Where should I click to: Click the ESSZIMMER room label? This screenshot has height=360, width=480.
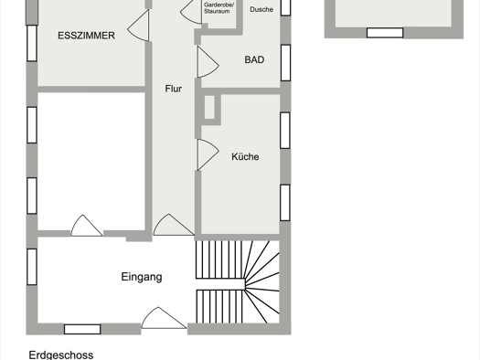pyautogui.click(x=86, y=36)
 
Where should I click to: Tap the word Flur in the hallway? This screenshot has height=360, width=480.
pyautogui.click(x=174, y=89)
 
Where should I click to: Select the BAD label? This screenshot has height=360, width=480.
pyautogui.click(x=254, y=59)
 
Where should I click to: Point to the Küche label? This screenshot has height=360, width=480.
pyautogui.click(x=245, y=156)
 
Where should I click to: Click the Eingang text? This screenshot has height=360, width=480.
pyautogui.click(x=142, y=277)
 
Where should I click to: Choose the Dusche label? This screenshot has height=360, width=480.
pyautogui.click(x=261, y=9)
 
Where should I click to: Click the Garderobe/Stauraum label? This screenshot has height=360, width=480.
pyautogui.click(x=219, y=8)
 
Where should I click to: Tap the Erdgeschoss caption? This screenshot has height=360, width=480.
pyautogui.click(x=61, y=355)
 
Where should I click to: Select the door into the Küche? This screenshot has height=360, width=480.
pyautogui.click(x=208, y=154)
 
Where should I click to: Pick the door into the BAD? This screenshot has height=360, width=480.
pyautogui.click(x=208, y=61)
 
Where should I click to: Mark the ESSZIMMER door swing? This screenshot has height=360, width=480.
pyautogui.click(x=138, y=26)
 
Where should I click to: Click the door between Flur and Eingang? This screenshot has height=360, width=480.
pyautogui.click(x=174, y=225)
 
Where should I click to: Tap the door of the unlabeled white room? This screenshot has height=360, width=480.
pyautogui.click(x=87, y=226)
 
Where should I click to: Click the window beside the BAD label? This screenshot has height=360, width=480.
pyautogui.click(x=285, y=63)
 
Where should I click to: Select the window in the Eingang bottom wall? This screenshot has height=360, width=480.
pyautogui.click(x=82, y=329)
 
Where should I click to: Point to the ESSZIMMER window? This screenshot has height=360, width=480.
pyautogui.click(x=32, y=43)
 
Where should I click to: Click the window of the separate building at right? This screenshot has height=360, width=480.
pyautogui.click(x=385, y=33)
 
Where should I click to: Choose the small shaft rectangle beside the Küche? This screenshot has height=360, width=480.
pyautogui.click(x=209, y=107)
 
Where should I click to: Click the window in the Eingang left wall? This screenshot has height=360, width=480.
pyautogui.click(x=32, y=267)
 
